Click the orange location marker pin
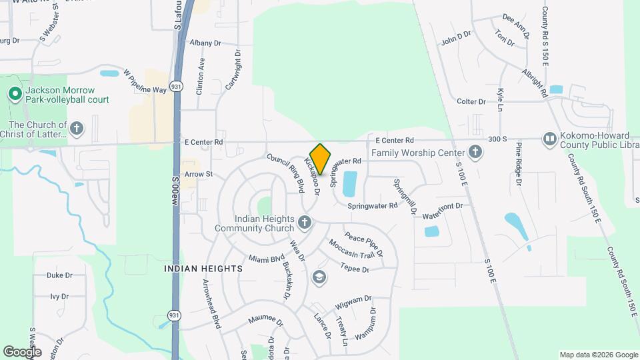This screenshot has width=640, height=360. point(321,159)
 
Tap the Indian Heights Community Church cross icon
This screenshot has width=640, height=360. point(305,222)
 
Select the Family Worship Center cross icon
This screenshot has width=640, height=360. point(475,153)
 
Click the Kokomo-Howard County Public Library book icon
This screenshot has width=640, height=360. point(550,139)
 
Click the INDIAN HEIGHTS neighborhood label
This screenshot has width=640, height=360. point(203,268)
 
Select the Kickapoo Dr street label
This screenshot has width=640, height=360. point(312,177)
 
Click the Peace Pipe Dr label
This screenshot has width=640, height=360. point(363,244)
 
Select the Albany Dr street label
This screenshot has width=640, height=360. point(205,43)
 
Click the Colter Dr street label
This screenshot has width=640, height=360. point(471,101)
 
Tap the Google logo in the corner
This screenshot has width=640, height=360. point(22,351)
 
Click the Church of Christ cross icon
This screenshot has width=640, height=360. point(77,128)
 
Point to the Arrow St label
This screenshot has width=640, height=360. point(198,174)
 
